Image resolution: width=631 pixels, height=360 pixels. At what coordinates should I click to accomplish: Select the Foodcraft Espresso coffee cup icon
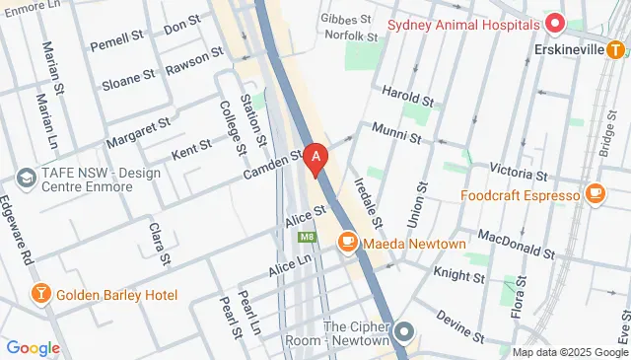[595, 195]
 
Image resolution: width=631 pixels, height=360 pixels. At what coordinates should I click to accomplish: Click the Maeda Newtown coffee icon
[347, 242]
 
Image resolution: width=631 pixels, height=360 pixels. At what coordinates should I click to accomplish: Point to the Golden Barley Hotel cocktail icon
[40, 294]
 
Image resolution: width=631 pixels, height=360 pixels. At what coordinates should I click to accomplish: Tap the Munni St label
[396, 131]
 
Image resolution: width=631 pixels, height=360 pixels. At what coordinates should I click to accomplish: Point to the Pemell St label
[116, 45]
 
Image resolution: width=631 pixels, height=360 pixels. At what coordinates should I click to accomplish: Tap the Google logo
[33, 347]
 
